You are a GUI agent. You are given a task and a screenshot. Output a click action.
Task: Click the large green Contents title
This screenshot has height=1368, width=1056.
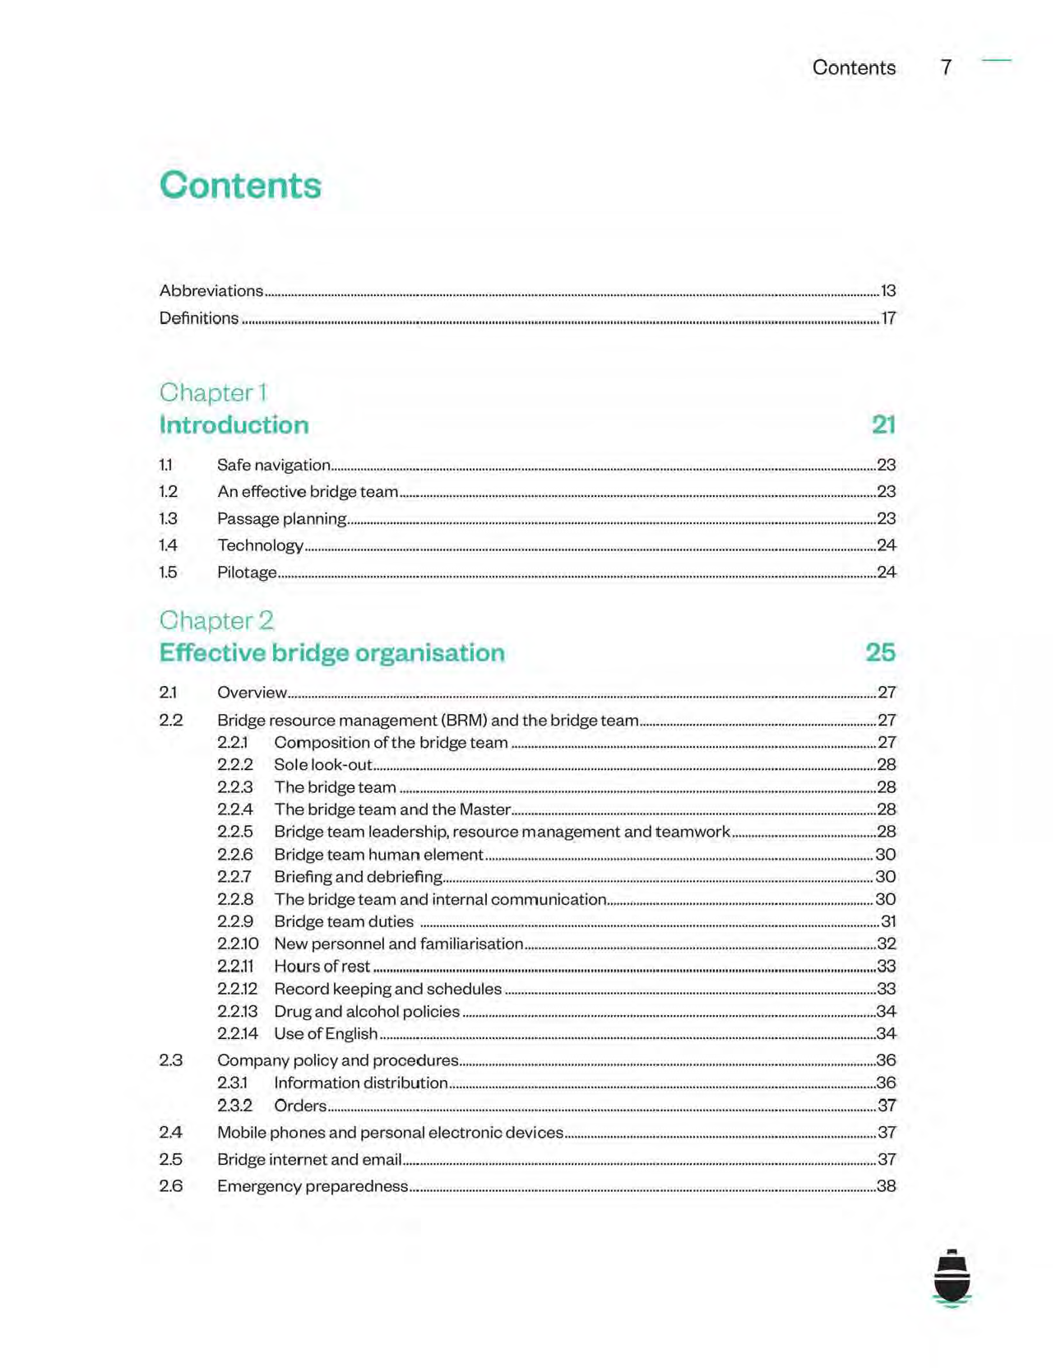(x=240, y=185)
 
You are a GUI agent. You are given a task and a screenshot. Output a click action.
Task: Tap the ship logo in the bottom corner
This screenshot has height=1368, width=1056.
(x=952, y=1278)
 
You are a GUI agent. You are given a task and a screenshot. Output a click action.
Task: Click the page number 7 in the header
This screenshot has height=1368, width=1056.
(x=947, y=67)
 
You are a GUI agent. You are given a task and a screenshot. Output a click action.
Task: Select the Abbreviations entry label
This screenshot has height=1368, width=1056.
(x=211, y=290)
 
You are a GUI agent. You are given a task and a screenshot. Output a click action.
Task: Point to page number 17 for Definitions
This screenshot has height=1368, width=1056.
(x=888, y=318)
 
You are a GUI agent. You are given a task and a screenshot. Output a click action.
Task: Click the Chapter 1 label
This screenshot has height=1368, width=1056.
(x=213, y=392)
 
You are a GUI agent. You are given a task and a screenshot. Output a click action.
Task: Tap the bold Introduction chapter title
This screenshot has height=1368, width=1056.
(x=234, y=424)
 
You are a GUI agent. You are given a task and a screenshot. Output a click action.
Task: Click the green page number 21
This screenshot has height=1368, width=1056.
(x=883, y=424)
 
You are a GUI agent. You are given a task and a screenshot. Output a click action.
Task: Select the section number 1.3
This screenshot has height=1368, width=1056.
(x=168, y=518)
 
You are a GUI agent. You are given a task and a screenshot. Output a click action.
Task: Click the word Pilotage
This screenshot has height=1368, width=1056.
(x=247, y=573)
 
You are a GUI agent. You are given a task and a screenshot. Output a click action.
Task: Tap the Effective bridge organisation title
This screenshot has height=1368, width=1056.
(x=332, y=652)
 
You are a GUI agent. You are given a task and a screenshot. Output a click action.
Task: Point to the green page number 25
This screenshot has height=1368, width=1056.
(x=880, y=652)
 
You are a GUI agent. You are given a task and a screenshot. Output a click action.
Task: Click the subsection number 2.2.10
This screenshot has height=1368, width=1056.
(x=238, y=944)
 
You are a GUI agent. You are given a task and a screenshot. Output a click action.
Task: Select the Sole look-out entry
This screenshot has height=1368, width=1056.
(x=323, y=765)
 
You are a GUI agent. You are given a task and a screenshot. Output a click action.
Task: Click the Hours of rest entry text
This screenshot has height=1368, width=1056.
(x=322, y=967)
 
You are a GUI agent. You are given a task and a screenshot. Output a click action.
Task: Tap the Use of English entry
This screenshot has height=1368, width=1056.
(x=326, y=1034)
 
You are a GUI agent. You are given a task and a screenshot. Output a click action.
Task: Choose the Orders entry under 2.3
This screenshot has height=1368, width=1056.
(x=300, y=1106)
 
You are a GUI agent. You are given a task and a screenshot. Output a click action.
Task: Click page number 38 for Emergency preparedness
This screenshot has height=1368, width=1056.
(x=887, y=1186)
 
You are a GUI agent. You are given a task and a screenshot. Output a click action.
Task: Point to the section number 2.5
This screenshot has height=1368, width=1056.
(x=170, y=1159)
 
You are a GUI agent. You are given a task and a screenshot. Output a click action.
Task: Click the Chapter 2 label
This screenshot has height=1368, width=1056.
(x=216, y=620)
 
